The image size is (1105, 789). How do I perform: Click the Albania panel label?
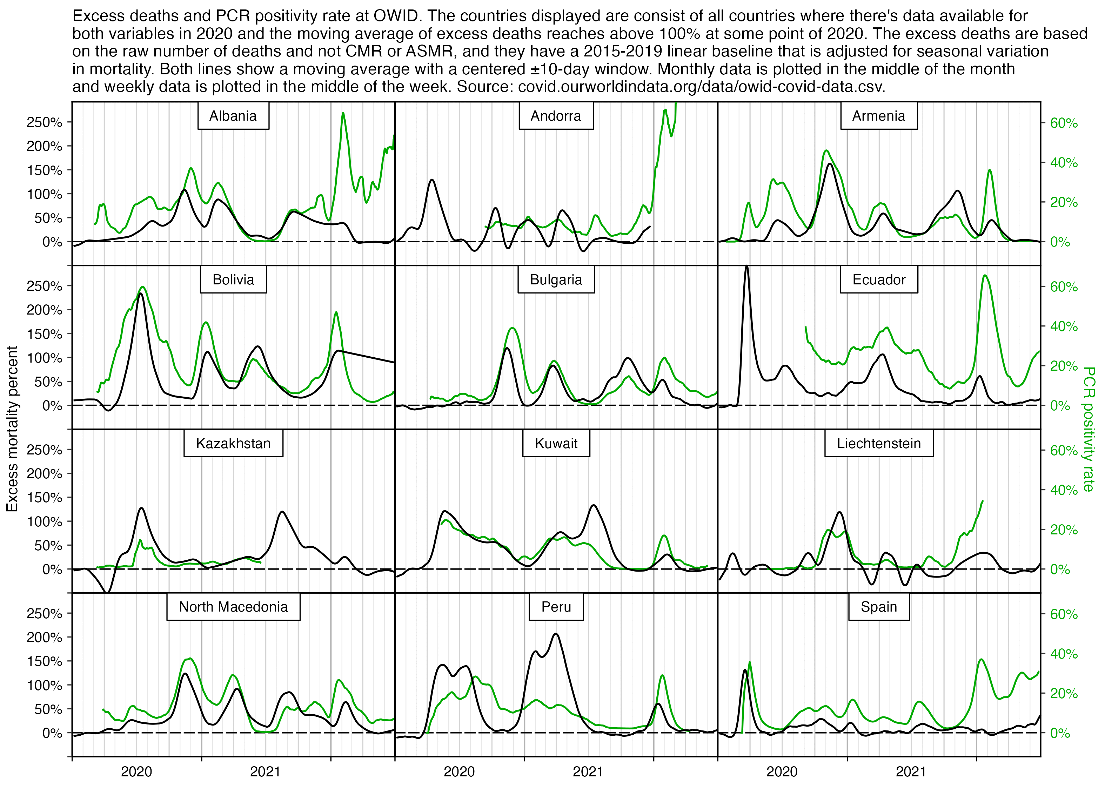point(233,116)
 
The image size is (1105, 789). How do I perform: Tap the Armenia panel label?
point(878,116)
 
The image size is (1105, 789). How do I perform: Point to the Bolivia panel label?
point(233,280)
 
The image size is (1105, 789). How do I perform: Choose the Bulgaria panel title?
point(556,280)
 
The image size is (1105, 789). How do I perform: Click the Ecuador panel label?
point(878,280)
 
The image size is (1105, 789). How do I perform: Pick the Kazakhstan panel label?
point(233,444)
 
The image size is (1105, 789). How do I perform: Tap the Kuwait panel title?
point(556,444)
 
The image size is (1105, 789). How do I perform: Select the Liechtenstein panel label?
point(878,444)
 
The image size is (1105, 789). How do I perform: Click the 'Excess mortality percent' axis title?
point(12,429)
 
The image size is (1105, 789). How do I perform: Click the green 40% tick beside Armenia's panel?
point(1063,163)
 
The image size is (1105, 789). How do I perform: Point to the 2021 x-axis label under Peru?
point(588,771)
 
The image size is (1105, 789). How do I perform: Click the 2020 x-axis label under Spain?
point(782,771)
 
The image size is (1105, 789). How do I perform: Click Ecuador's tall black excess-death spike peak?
point(746,267)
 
